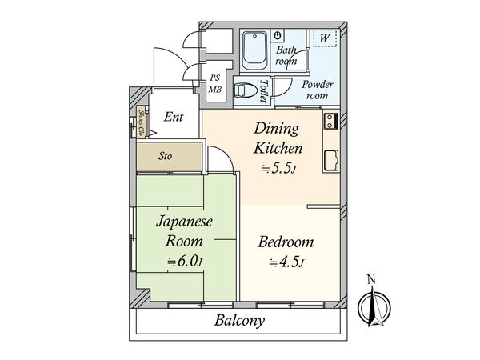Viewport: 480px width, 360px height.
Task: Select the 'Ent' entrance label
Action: (174, 117)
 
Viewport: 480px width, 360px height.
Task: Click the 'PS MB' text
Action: (214, 82)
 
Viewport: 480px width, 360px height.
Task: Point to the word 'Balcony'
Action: (239, 322)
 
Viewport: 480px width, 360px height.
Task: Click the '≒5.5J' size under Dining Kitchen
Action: (278, 168)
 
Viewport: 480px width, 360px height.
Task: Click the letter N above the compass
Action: (370, 279)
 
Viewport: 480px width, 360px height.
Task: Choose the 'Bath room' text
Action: (286, 55)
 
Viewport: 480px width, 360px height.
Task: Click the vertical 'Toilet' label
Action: (264, 90)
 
